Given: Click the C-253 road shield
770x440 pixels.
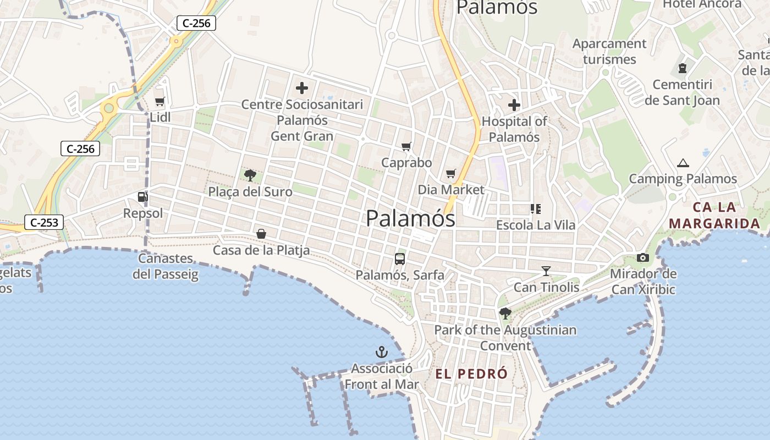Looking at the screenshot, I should click(x=44, y=223).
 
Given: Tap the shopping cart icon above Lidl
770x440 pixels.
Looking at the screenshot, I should click(x=159, y=101).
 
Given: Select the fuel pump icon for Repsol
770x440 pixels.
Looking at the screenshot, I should click(x=142, y=196).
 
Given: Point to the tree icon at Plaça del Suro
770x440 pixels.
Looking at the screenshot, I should click(x=250, y=175).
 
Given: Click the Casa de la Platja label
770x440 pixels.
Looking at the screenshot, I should click(x=261, y=250).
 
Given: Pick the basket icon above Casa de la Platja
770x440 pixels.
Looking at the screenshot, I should click(x=261, y=234).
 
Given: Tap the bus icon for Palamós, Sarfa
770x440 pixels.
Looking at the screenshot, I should click(x=400, y=258).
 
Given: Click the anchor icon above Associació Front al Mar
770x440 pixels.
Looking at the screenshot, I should click(x=381, y=351).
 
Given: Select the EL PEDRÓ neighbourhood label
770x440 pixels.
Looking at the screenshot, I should click(x=471, y=374).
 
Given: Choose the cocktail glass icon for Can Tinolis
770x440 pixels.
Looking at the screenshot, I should click(x=546, y=271).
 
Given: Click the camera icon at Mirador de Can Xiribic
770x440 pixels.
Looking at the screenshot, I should click(x=642, y=257).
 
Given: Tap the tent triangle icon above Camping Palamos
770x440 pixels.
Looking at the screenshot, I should click(x=683, y=163).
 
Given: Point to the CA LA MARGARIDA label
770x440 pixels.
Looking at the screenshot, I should click(x=715, y=216).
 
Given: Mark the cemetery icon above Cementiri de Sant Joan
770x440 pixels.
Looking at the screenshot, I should click(x=683, y=68).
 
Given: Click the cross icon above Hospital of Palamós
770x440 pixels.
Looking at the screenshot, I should click(x=514, y=105).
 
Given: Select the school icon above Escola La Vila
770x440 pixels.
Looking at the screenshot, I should click(x=535, y=208).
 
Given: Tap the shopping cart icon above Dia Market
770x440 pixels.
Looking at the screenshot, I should click(x=451, y=174).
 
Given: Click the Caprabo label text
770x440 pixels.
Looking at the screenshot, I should click(x=406, y=163).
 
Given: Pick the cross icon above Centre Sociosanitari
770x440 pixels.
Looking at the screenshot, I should click(x=302, y=87).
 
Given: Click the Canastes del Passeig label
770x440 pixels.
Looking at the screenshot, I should click(x=166, y=266).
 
